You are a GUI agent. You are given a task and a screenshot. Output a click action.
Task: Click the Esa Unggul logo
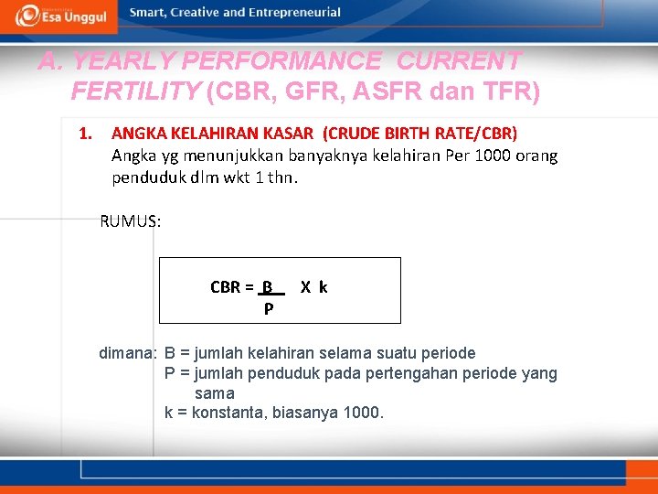click(x=60, y=16)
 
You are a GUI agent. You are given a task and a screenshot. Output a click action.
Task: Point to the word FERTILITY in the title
click(x=135, y=91)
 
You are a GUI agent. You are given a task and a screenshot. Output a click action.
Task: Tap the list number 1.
click(x=85, y=134)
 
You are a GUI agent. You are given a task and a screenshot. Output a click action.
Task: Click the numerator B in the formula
click(x=268, y=287)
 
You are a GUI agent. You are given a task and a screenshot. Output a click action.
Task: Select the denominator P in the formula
click(x=268, y=309)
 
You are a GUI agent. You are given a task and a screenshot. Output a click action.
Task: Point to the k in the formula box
click(x=324, y=287)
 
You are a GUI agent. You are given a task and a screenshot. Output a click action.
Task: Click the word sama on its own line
click(x=215, y=393)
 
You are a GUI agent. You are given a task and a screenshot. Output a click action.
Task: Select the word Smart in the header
click(x=148, y=13)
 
